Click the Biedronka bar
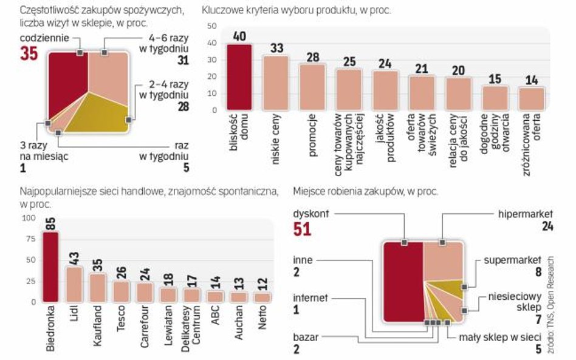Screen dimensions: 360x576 pos(50,267)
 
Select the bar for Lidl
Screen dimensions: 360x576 pos(74,284)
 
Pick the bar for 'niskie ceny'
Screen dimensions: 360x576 pos(275,83)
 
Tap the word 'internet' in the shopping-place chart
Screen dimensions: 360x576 pos(310,298)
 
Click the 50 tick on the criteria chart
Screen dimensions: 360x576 pos(211,27)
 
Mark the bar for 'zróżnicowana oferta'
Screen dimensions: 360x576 pos(532,98)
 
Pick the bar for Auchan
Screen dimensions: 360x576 pos(238,297)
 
